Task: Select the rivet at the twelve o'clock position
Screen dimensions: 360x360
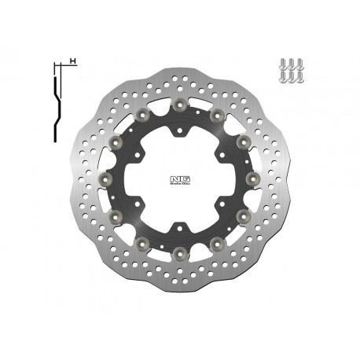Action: [x=180, y=104]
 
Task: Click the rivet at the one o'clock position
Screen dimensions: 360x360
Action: [x=217, y=115]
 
